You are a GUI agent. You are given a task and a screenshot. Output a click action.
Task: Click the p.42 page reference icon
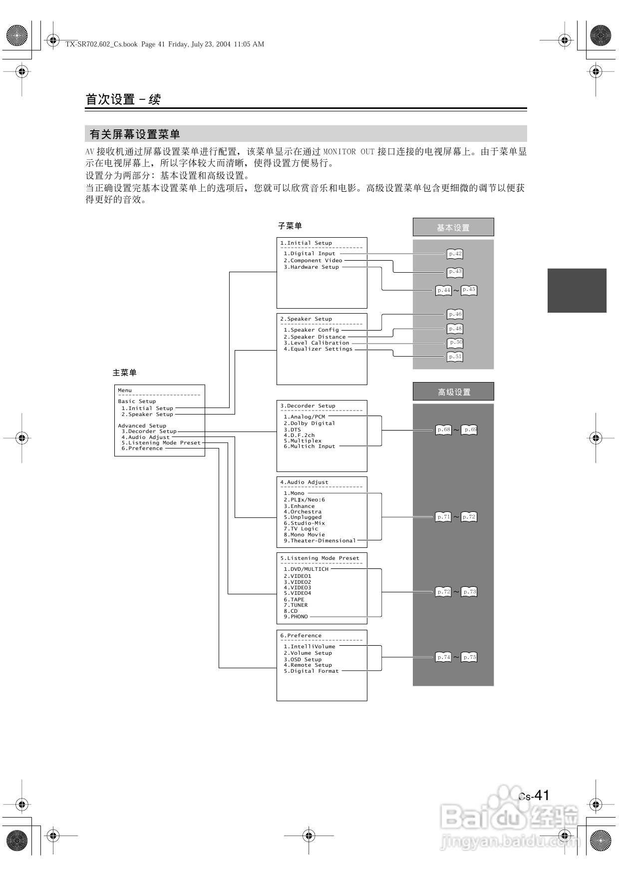[455, 254]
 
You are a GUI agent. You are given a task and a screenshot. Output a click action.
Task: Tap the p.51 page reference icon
[455, 357]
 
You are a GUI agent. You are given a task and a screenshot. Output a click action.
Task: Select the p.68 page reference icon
[443, 430]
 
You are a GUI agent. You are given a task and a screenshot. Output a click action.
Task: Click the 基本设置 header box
[453, 227]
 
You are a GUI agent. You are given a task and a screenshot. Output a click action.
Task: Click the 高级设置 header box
[453, 392]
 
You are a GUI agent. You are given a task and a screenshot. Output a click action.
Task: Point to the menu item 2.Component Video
[313, 260]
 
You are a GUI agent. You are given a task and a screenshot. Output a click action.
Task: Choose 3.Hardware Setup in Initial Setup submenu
[311, 267]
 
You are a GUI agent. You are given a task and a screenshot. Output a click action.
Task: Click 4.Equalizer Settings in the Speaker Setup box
[318, 349]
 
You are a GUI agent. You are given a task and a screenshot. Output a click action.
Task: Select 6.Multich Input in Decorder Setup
[309, 446]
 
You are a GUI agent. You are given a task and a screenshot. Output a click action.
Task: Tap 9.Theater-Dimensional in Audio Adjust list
[319, 541]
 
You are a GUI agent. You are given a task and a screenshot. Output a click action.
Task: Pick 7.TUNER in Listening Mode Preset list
[296, 605]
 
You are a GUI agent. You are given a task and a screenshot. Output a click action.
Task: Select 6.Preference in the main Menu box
[142, 448]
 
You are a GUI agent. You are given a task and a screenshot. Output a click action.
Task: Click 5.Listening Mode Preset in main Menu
[161, 443]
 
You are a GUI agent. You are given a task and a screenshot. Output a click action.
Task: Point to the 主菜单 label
[124, 373]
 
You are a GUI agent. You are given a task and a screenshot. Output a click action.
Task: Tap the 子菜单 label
[290, 226]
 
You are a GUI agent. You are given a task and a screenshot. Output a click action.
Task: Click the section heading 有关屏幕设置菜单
[135, 134]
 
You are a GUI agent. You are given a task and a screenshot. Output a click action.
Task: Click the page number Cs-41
[534, 796]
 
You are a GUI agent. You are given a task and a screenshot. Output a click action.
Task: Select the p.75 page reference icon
[469, 657]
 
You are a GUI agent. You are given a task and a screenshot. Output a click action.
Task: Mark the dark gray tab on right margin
[577, 291]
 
